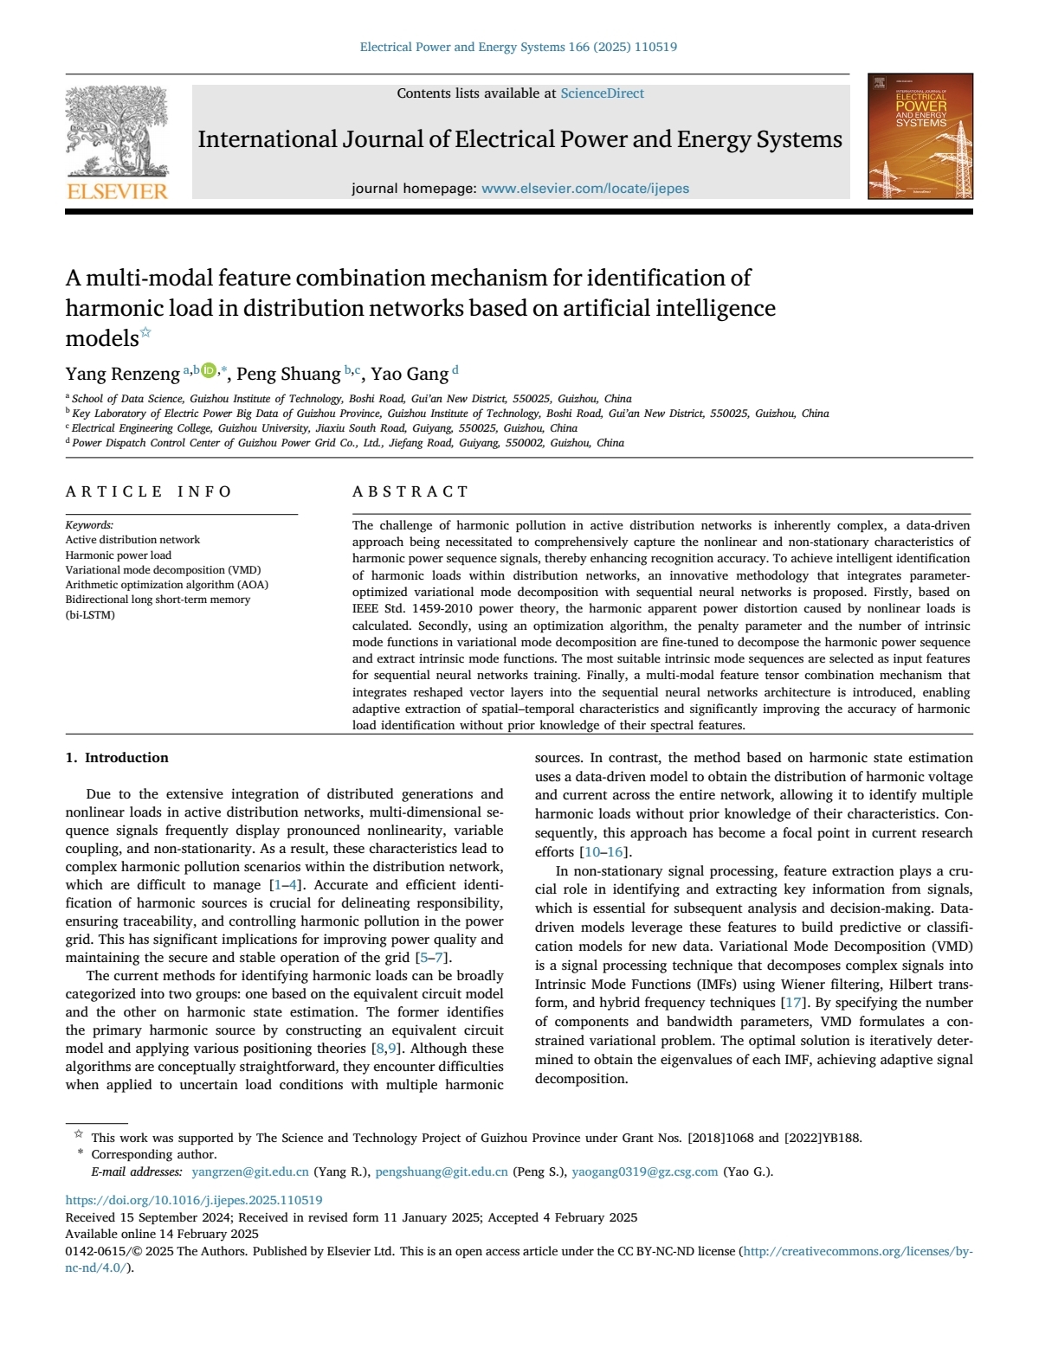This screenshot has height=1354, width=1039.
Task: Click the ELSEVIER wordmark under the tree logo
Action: (x=117, y=191)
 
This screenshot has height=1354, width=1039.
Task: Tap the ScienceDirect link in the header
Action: (x=602, y=93)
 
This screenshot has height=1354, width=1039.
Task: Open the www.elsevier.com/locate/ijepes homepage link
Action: (x=585, y=189)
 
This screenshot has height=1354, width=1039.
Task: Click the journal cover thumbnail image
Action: (x=920, y=137)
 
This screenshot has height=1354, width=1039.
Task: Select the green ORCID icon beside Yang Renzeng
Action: (x=208, y=371)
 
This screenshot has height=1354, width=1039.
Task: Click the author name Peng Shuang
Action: (x=288, y=374)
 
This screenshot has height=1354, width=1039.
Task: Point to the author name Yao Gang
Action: (x=410, y=374)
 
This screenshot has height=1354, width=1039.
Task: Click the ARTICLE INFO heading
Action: (x=149, y=491)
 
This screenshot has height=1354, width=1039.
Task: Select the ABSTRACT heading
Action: (x=410, y=491)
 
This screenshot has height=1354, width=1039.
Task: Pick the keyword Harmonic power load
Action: (x=119, y=555)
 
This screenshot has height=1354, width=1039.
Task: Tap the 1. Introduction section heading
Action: (x=117, y=758)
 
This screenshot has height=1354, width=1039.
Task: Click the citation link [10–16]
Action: (x=604, y=852)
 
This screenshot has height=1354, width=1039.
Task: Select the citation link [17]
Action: (x=792, y=1003)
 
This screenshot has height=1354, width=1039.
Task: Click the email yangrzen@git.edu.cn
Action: (x=250, y=1172)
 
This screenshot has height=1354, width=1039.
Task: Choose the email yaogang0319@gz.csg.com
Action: (x=645, y=1172)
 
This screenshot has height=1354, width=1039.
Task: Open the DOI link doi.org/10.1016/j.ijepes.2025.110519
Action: (x=194, y=1200)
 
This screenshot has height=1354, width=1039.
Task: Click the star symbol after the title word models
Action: (x=145, y=333)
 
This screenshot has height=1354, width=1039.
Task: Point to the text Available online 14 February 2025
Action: (x=162, y=1234)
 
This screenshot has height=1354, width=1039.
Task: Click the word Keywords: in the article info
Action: (x=89, y=525)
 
